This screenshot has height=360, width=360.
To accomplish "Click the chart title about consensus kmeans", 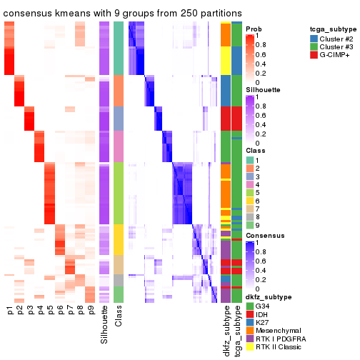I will pos(121,14).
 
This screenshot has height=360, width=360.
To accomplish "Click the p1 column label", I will pos(10,311).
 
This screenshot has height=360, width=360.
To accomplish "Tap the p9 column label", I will pos(90,311).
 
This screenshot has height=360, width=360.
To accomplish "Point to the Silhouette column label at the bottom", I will pos(105,325).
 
